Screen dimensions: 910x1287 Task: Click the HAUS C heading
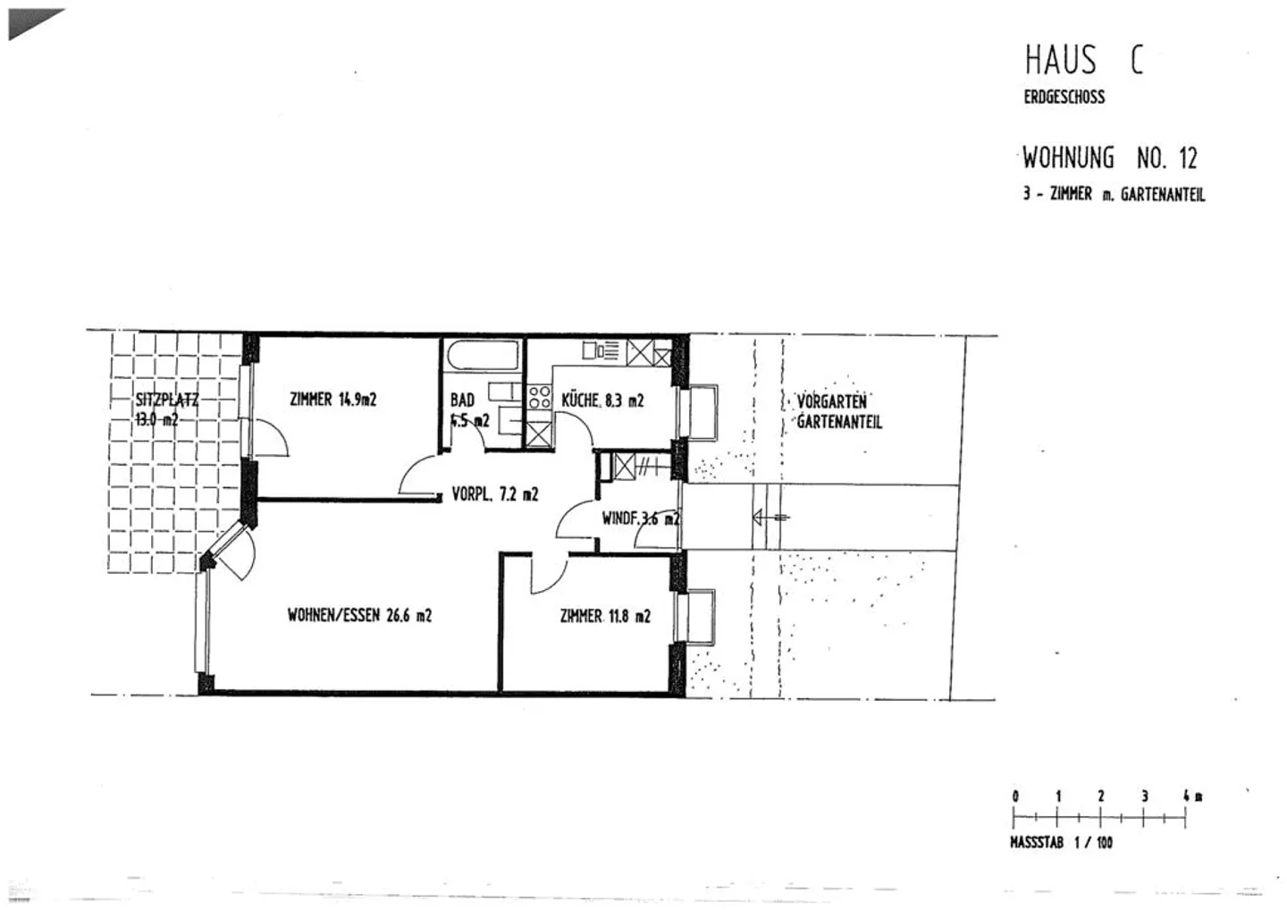pos(1082,61)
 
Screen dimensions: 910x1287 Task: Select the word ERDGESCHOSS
pos(1064,97)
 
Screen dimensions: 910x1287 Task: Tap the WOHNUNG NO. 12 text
pos(1108,158)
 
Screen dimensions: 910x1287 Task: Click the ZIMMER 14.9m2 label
pos(332,400)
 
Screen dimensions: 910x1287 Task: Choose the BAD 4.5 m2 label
pos(467,409)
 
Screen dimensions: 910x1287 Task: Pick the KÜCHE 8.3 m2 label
pos(602,400)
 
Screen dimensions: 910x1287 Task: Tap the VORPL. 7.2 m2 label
pos(494,493)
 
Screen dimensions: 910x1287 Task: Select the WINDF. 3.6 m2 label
pos(640,517)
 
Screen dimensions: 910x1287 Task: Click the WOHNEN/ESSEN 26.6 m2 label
pos(359,615)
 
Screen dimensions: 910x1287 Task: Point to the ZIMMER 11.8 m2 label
pos(604,616)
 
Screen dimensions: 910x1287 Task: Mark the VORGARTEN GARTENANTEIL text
pos(837,411)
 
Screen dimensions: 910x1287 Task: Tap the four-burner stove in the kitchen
pos(539,396)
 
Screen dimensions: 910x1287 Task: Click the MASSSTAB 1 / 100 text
pos(1061,842)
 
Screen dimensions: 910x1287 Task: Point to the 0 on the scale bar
pos(1015,796)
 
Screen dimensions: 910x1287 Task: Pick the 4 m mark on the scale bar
pos(1188,796)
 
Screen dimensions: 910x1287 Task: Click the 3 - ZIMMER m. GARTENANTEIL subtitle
pos(1114,194)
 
